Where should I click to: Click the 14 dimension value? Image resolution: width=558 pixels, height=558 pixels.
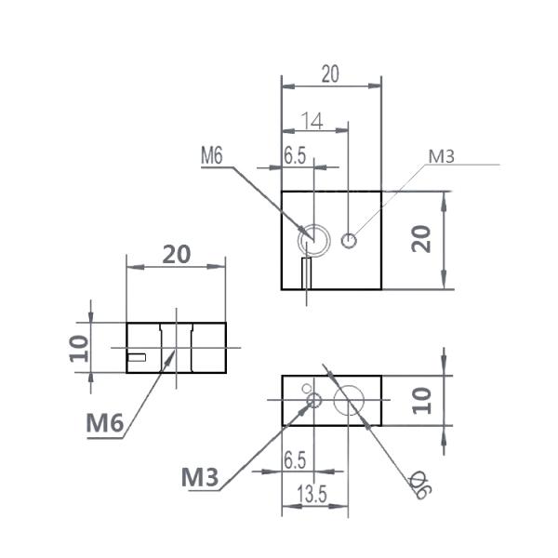pos(312,121)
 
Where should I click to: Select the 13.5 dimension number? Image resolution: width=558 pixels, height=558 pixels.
pos(312,495)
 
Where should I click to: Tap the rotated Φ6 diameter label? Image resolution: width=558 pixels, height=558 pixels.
pos(420,485)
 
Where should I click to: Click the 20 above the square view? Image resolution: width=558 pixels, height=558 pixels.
pos(330,74)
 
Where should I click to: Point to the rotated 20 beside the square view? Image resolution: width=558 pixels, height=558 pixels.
pos(421,239)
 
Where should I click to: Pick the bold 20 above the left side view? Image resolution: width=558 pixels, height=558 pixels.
pos(177,255)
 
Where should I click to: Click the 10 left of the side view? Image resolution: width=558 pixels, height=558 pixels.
pos(79,349)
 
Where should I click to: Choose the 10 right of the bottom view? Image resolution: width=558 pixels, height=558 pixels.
pos(421,401)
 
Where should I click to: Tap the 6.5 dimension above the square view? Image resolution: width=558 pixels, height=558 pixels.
pos(295,155)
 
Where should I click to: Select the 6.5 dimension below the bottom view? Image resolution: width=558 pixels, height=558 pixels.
pos(295,459)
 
